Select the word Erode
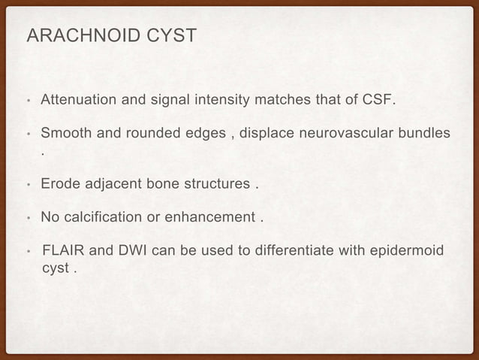tap(59, 184)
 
